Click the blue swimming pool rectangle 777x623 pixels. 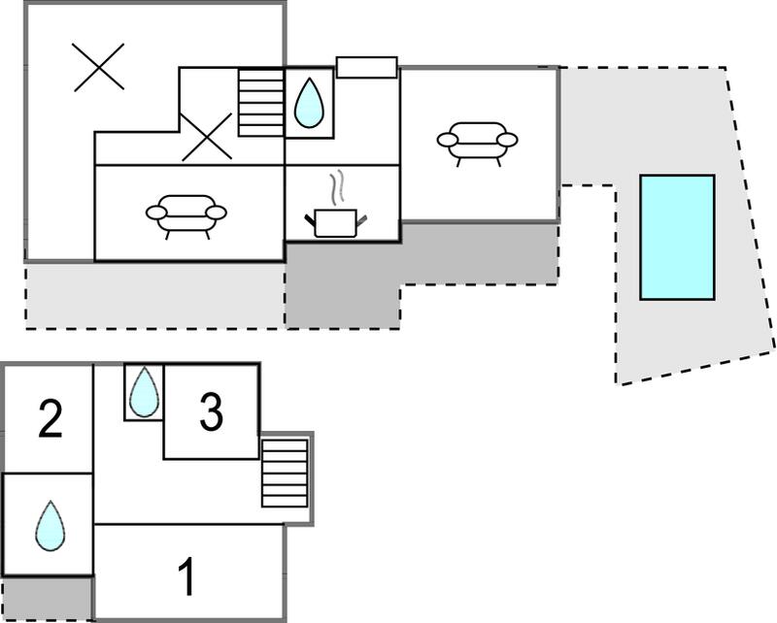(x=677, y=237)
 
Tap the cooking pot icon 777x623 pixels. (x=335, y=223)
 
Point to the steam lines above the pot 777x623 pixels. (x=337, y=187)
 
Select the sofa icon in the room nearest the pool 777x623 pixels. (x=477, y=144)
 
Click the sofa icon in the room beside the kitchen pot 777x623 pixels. (x=186, y=216)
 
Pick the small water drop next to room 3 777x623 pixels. (x=144, y=392)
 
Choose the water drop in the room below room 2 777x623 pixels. (x=51, y=525)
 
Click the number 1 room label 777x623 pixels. (x=186, y=576)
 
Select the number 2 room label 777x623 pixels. (x=51, y=419)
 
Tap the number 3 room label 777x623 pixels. (x=211, y=411)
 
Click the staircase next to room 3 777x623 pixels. (x=285, y=473)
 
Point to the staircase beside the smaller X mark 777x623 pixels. (x=260, y=103)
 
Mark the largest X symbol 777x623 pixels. (x=98, y=67)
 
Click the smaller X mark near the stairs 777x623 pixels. (x=206, y=137)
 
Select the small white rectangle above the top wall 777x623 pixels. (x=367, y=67)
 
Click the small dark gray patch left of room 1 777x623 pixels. (x=48, y=598)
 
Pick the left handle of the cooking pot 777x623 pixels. (x=310, y=219)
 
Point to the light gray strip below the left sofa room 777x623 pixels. (x=155, y=295)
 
